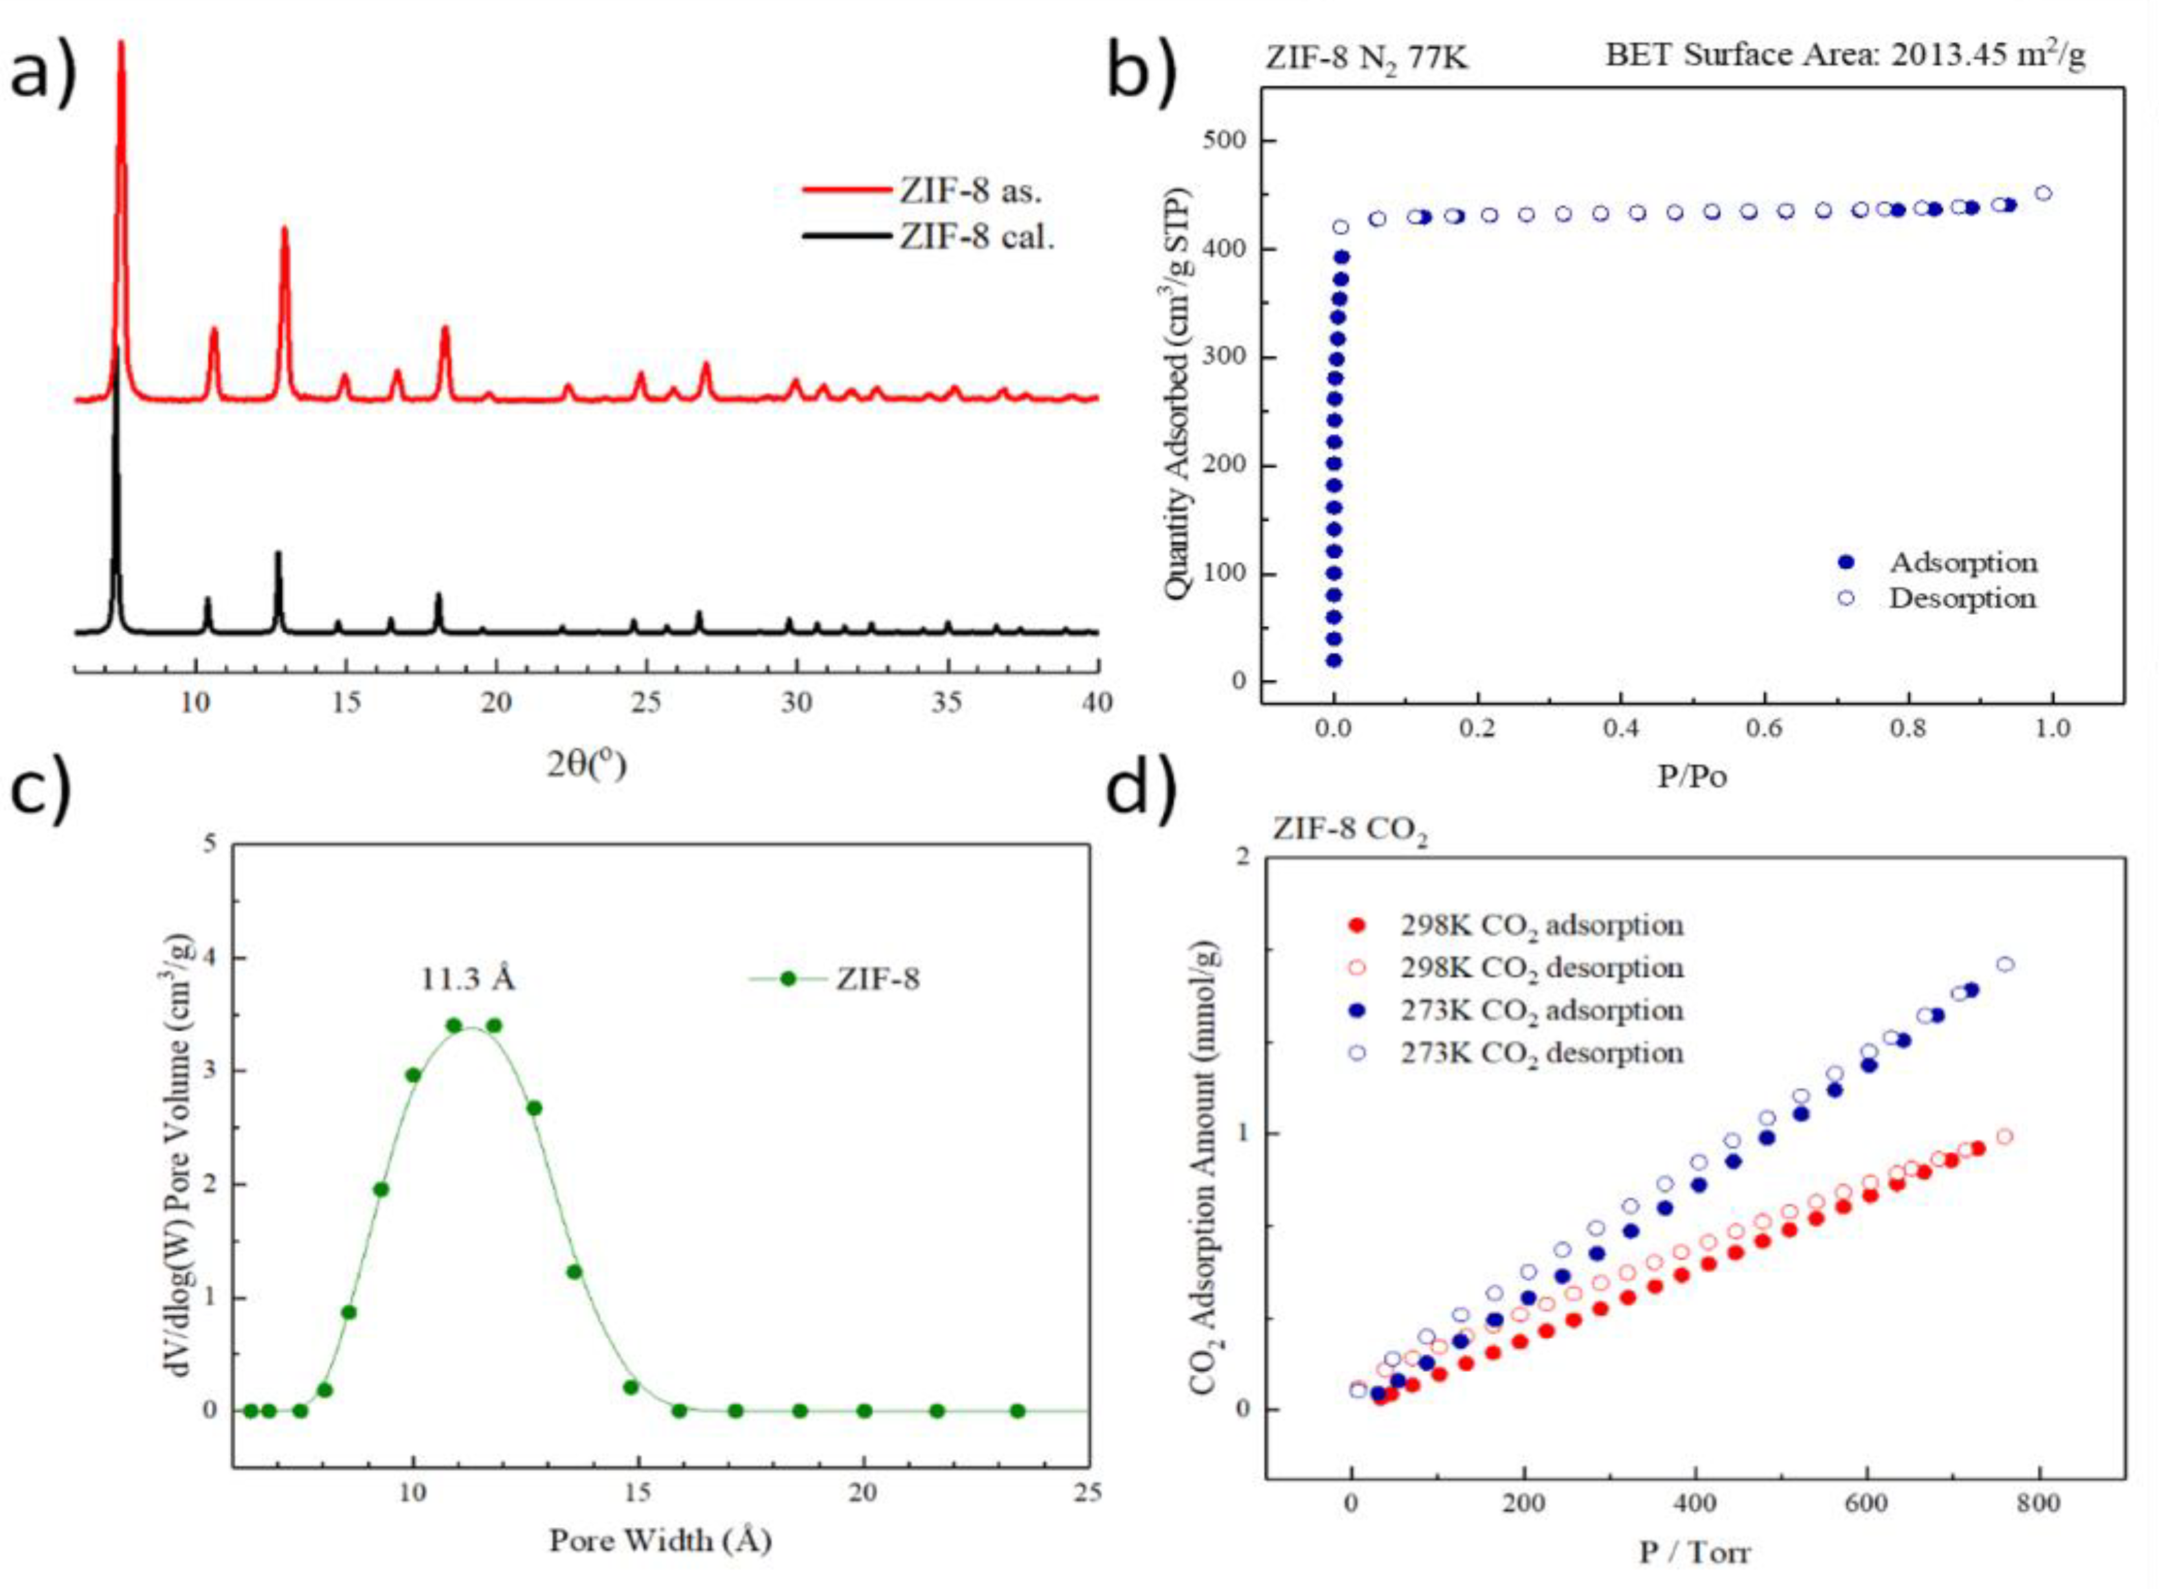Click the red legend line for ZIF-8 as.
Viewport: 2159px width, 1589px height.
click(847, 190)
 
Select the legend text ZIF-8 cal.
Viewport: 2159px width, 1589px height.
click(976, 236)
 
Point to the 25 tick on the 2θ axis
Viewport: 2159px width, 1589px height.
click(646, 702)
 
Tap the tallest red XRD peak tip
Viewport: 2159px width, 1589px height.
click(120, 43)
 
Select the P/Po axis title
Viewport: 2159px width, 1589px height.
click(1692, 776)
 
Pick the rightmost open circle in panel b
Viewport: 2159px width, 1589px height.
click(2043, 193)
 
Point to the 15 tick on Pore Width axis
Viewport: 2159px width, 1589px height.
click(638, 1492)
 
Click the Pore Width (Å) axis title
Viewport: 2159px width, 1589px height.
click(660, 1541)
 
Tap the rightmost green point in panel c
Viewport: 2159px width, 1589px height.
click(1017, 1411)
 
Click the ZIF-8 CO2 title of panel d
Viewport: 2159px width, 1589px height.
click(1349, 829)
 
